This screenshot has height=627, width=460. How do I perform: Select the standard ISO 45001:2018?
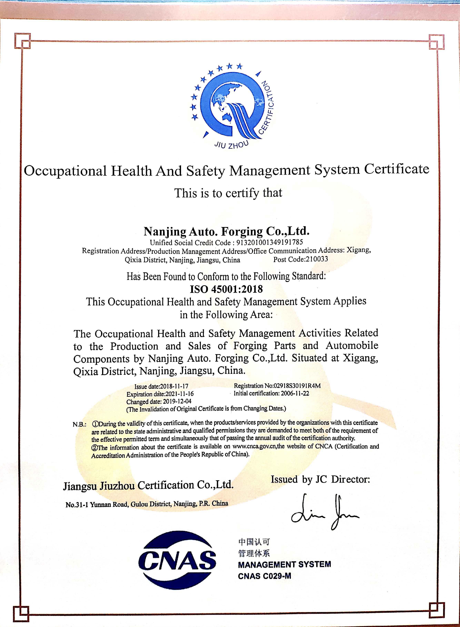[226, 289]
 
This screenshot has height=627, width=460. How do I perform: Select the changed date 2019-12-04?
[177, 401]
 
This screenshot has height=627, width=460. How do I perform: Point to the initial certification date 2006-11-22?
[295, 393]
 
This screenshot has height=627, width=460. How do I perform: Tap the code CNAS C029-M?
[264, 576]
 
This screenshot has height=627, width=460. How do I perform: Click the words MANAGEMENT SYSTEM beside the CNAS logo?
[284, 564]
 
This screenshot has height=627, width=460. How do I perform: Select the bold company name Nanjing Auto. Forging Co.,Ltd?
[226, 231]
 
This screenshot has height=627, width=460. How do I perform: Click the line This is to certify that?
[228, 193]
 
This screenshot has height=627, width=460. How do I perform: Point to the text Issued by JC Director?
[320, 479]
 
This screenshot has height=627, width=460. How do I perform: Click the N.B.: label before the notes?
[79, 424]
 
